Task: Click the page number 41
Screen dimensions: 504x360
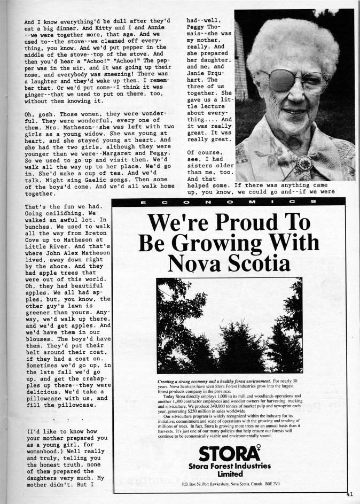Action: click(x=349, y=494)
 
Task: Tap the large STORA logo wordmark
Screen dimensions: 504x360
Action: click(x=230, y=453)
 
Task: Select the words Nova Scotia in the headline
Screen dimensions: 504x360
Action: click(x=230, y=263)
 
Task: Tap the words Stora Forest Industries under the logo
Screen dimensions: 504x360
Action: click(x=230, y=466)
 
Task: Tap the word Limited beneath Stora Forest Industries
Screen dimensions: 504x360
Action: click(x=230, y=474)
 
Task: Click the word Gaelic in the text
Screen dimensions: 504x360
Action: click(x=110, y=178)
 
